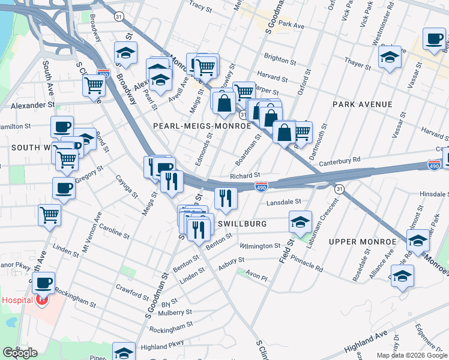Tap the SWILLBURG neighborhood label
pos(241,223)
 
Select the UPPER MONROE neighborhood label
pos(362,241)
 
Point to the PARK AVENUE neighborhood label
pos(363,104)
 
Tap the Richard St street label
pos(244,176)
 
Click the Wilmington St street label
pos(260,246)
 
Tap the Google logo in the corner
pos(19,353)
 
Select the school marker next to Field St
pos(300,222)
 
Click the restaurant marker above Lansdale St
pos(226,198)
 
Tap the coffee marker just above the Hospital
pos(43,282)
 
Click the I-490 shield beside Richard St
pos(261,187)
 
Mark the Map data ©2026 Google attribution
pos(412,355)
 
